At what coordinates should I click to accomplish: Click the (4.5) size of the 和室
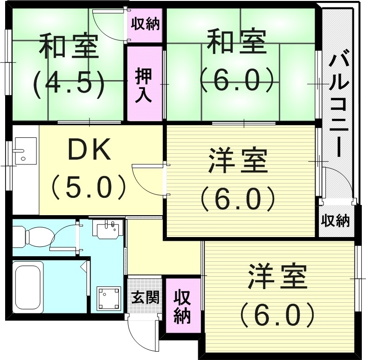69,83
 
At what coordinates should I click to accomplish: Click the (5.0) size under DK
89,187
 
